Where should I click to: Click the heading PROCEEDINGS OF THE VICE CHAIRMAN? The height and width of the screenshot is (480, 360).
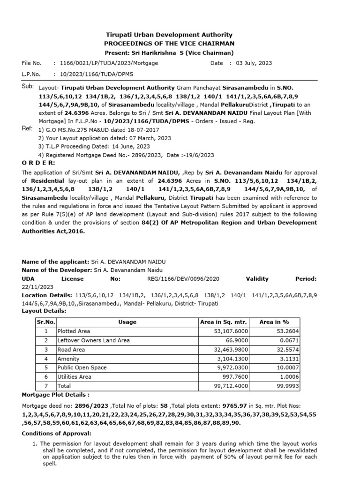pyautogui.click(x=169, y=43)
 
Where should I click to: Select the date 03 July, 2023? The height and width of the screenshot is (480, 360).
pyautogui.click(x=254, y=63)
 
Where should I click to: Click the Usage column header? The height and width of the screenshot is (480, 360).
pyautogui.click(x=127, y=322)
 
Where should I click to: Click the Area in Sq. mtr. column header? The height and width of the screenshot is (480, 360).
pyautogui.click(x=223, y=322)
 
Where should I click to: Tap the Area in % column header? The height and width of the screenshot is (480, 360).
pyautogui.click(x=274, y=322)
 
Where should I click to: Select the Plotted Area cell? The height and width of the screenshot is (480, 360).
pyautogui.click(x=74, y=331)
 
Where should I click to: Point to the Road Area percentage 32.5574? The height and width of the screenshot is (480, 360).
pyautogui.click(x=286, y=350)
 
